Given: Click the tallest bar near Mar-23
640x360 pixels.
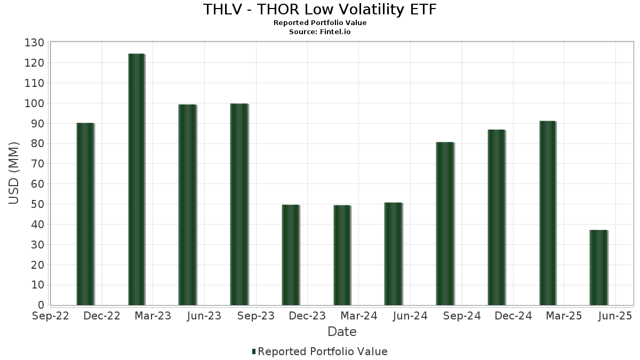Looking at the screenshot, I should click(137, 180).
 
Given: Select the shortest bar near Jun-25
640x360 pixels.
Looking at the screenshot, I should click(598, 268).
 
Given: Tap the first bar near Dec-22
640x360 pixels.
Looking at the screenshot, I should click(85, 214).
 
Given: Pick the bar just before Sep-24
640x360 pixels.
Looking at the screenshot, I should click(445, 224).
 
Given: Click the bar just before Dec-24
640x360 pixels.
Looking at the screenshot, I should click(496, 218).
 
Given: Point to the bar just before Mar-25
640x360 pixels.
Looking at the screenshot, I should click(548, 213).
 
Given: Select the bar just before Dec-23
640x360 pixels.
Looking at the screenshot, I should click(291, 255).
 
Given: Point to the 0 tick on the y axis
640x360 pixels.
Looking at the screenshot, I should click(41, 305).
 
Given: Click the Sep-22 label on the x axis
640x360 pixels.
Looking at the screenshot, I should click(51, 316).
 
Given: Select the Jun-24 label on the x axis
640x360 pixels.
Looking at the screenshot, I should click(410, 316).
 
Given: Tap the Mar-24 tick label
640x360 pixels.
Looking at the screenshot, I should click(358, 316).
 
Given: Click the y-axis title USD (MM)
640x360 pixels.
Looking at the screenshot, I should click(14, 173).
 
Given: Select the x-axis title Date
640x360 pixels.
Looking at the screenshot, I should click(342, 332).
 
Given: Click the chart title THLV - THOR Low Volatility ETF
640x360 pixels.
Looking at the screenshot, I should click(320, 10).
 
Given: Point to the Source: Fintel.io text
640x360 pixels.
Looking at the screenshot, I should click(320, 31).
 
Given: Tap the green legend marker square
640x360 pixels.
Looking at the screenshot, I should click(254, 351).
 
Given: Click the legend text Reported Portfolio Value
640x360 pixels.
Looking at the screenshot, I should click(323, 351).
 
